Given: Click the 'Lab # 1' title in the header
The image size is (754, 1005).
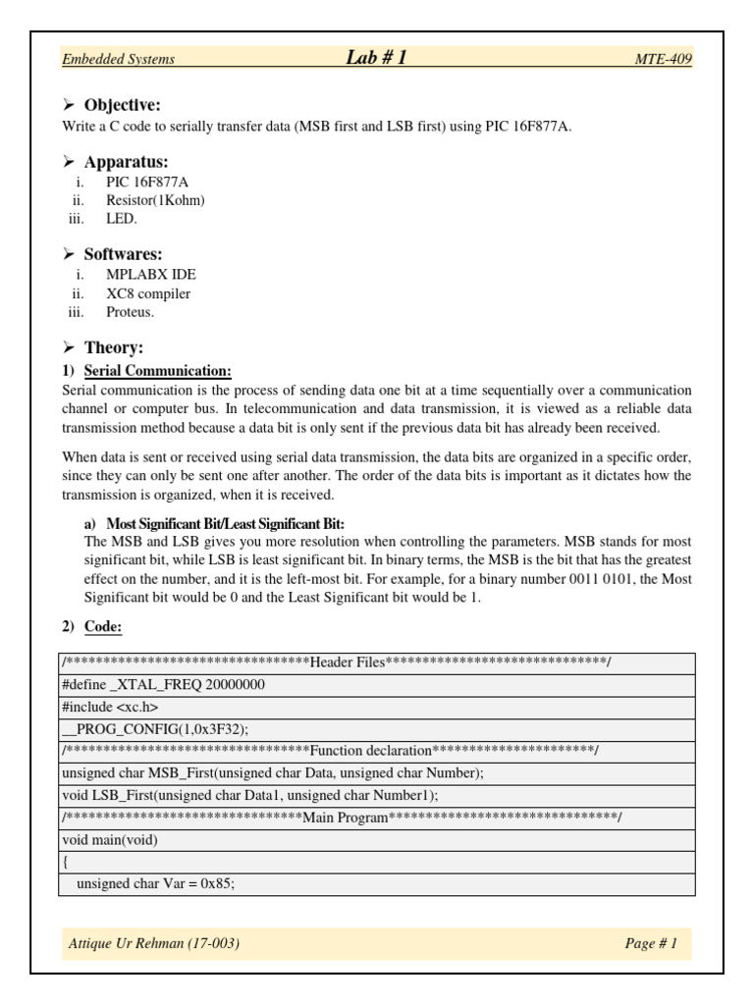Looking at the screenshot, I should [376, 58].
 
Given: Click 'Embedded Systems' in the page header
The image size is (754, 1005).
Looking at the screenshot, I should [118, 59].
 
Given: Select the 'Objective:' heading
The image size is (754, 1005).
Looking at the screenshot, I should [122, 105].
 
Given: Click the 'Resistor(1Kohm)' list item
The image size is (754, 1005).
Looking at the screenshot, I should [156, 200].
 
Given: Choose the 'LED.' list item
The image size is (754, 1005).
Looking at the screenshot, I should [123, 219].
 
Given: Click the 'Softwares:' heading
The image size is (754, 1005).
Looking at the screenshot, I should [123, 254].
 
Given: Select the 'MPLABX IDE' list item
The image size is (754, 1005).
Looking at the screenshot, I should [144, 274].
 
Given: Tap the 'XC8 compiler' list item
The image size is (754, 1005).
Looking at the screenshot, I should [148, 293].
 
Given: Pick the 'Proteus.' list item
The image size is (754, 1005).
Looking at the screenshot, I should [131, 312].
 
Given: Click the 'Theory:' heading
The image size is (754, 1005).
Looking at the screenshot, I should [113, 347].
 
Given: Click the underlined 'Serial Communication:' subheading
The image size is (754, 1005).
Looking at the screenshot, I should [158, 370].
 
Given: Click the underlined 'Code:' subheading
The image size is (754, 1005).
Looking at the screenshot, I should [103, 626].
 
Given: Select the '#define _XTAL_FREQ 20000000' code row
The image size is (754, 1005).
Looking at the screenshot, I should [163, 685].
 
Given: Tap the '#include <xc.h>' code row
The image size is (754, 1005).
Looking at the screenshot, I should [109, 707].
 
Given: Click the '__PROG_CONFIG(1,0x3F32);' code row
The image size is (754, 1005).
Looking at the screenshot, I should [155, 728].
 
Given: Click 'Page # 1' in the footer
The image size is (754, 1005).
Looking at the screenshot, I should [651, 943].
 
